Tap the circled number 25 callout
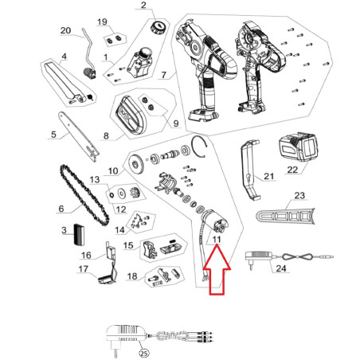(143, 353)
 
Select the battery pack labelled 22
(298, 147)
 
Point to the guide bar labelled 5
(79, 137)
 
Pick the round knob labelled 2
(158, 28)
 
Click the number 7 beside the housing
(163, 75)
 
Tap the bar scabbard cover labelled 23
(285, 216)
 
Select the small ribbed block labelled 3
(79, 235)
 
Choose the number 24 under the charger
(281, 268)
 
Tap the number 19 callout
(102, 22)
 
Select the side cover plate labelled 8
(131, 115)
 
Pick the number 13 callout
(95, 180)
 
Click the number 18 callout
(132, 276)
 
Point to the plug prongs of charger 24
(251, 266)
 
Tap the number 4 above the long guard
(64, 57)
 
